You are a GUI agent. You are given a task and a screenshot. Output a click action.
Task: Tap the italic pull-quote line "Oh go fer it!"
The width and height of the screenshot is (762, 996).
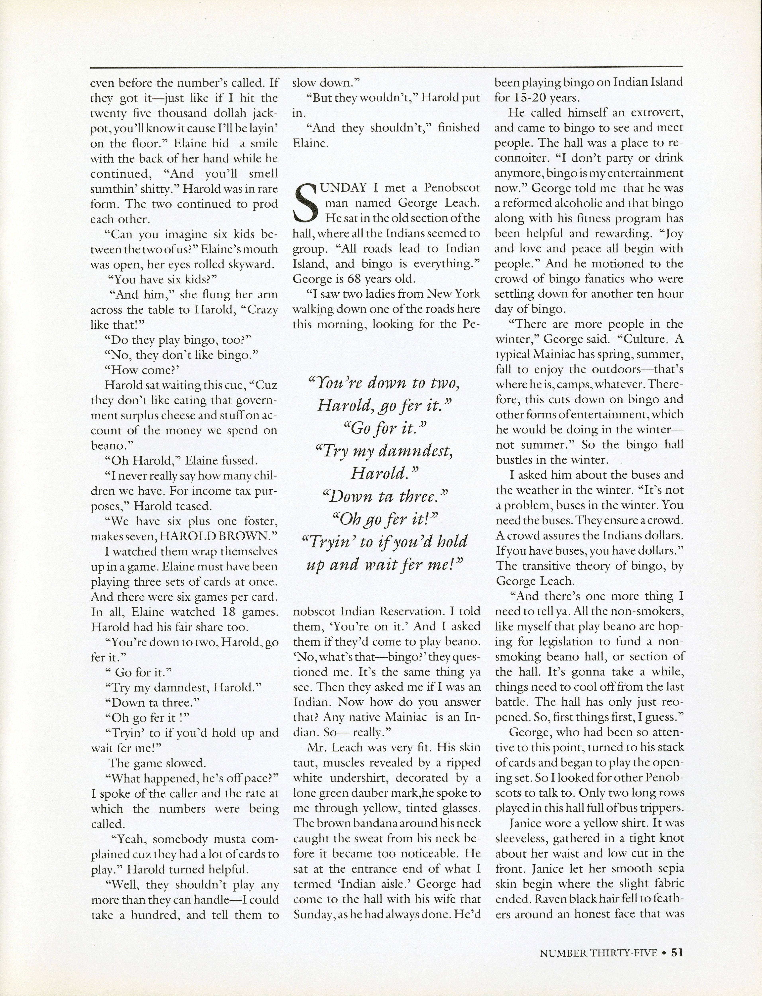[x=384, y=518]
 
